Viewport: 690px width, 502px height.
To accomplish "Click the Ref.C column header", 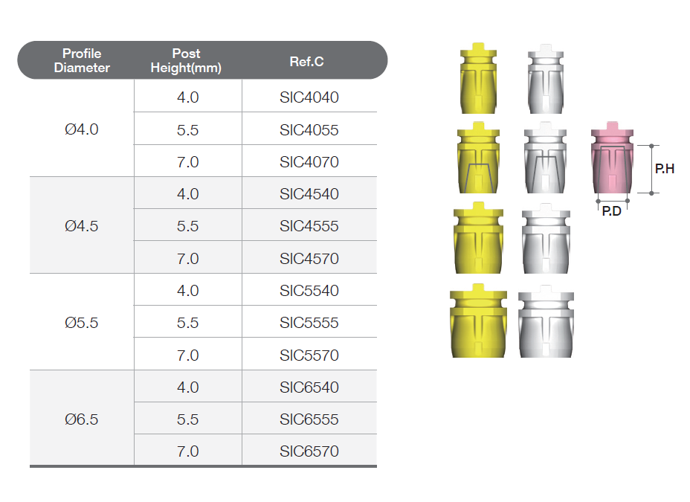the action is (x=306, y=62).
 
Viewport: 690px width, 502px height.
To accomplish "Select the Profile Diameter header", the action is (x=82, y=60).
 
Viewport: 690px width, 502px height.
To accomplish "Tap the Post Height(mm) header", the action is (x=186, y=60).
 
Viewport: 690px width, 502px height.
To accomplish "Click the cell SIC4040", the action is (x=309, y=97).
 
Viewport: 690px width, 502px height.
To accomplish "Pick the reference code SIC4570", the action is (x=309, y=259).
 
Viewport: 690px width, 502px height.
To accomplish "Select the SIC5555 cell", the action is (x=309, y=323).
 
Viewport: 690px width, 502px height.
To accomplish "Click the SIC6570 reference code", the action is (x=309, y=451).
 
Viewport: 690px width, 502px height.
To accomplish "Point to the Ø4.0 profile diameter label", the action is (x=81, y=129).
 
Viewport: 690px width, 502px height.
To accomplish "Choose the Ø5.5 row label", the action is (x=81, y=323).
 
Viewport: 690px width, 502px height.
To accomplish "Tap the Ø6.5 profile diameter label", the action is (x=81, y=419).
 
